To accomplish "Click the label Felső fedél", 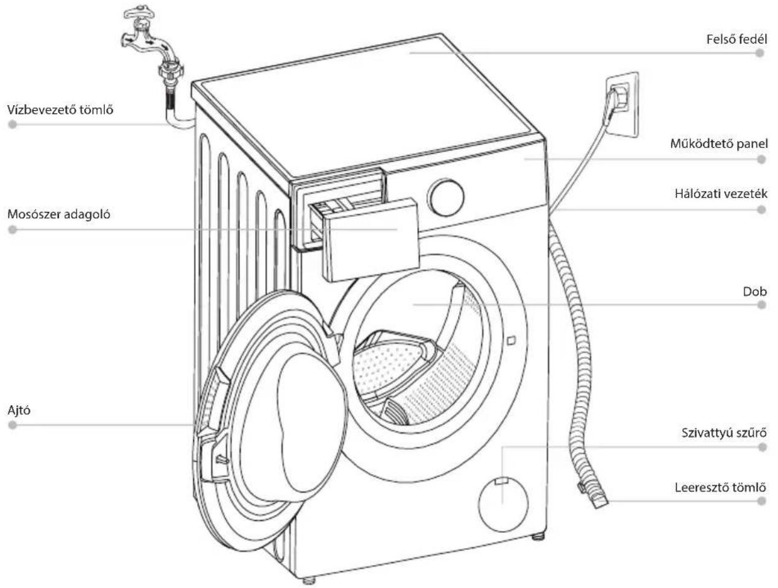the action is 736,39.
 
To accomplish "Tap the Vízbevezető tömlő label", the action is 60,109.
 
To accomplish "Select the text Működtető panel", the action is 719,144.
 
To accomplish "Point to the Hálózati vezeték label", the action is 721,194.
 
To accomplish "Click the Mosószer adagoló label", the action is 59,214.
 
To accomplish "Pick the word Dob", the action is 755,292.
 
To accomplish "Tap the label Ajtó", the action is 19,410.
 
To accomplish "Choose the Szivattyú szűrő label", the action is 724,433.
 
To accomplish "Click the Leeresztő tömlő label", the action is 720,487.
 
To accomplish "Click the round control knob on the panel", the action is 446,197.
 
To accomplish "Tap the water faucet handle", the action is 139,13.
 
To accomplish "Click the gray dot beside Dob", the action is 761,305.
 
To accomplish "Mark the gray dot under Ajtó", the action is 12,425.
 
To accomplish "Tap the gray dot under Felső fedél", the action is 759,53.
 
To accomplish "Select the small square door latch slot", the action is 511,340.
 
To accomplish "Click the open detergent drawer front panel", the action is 371,240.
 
